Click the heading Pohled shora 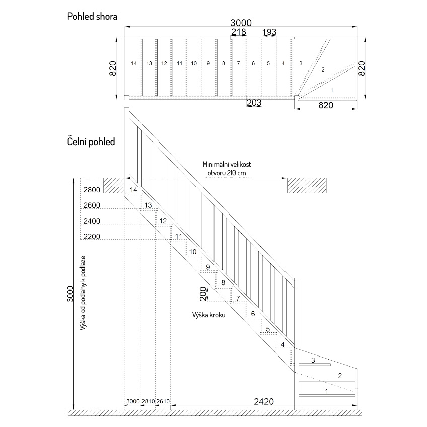tap(92, 16)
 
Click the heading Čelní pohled tap(91, 141)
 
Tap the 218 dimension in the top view tap(239, 32)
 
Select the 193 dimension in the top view tap(269, 32)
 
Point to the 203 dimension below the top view tap(254, 103)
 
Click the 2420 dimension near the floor tap(264, 401)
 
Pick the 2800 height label tap(92, 190)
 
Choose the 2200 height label tap(92, 236)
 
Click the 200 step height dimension tap(203, 293)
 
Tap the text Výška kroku tap(209, 315)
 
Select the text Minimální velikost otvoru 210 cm tap(227, 169)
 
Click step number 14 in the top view tap(134, 63)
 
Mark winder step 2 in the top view tap(323, 69)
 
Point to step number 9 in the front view tap(208, 267)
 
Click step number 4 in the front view tap(283, 345)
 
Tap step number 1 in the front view tap(327, 391)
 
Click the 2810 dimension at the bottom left tap(148, 401)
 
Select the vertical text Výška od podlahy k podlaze tap(83, 293)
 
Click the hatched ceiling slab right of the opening tap(307, 185)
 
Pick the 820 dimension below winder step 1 tap(326, 105)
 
